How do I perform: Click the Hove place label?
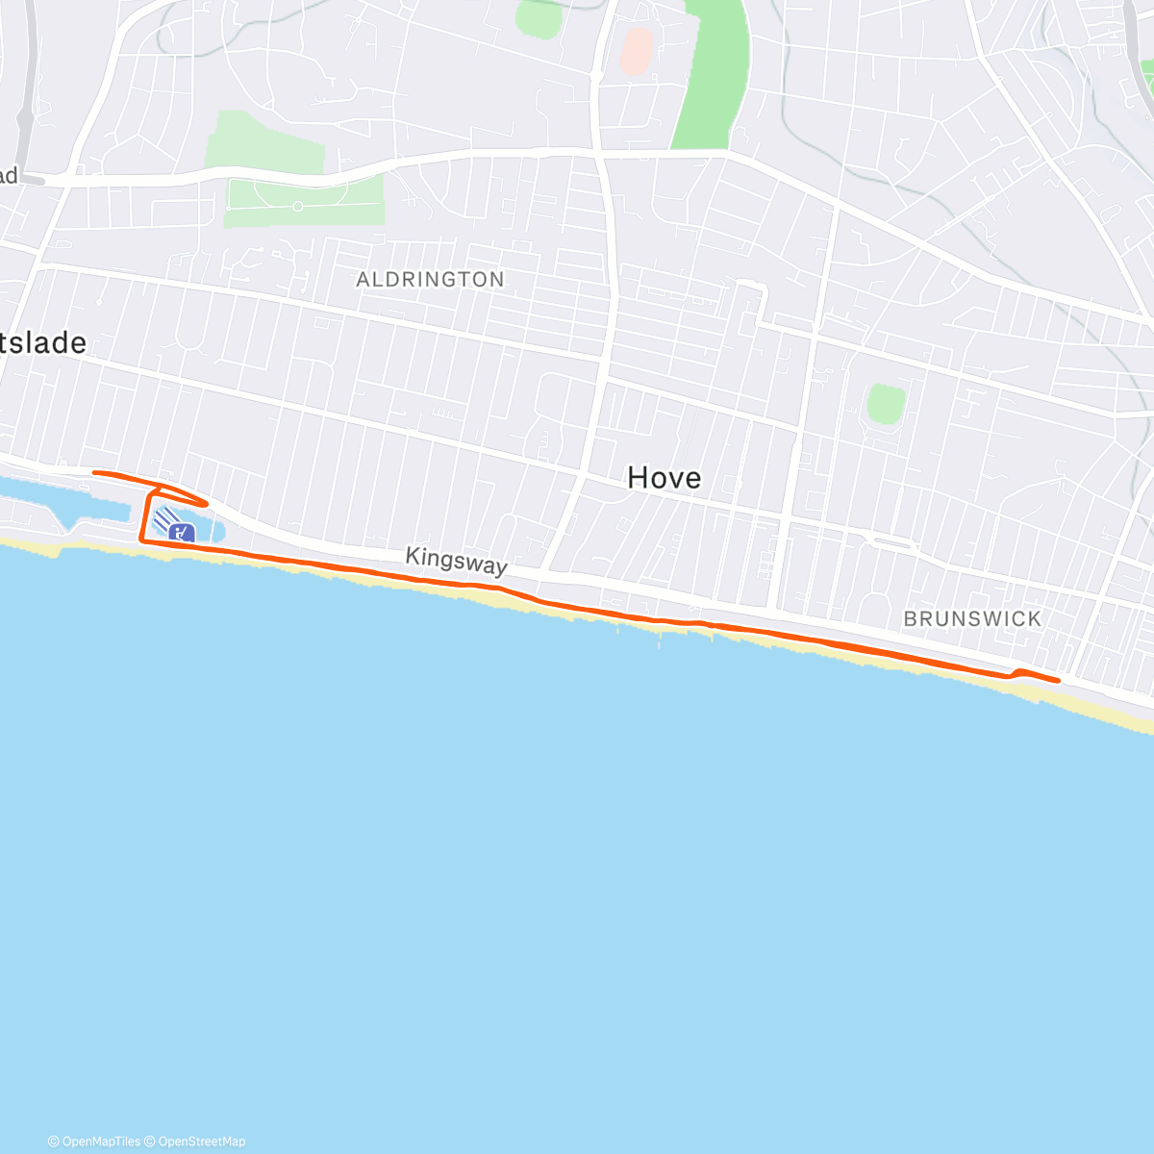[x=664, y=478]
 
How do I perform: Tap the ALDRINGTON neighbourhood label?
[x=430, y=280]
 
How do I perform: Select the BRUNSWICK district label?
[x=972, y=619]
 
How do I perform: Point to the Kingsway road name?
[x=456, y=561]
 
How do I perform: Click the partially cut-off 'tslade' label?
[x=43, y=343]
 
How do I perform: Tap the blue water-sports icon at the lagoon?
[x=180, y=532]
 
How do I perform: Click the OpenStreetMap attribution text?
[x=201, y=1141]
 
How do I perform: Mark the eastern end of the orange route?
[x=1059, y=680]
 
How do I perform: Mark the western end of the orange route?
[x=94, y=472]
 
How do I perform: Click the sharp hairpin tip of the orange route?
[x=208, y=503]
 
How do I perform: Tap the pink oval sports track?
[x=636, y=51]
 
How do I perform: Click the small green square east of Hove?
[x=886, y=404]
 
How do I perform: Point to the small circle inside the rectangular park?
[x=297, y=206]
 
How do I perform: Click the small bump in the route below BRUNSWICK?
[x=1018, y=670]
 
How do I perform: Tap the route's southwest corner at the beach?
[x=143, y=541]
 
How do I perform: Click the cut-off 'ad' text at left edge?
[x=10, y=176]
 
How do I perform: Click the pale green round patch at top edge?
[x=539, y=17]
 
